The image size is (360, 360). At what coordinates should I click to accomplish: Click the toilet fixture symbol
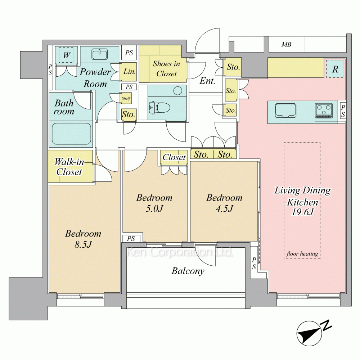click(x=159, y=107)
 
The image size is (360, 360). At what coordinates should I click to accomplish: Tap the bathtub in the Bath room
click(x=71, y=134)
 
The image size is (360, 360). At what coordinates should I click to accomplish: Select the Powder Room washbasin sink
click(x=99, y=54)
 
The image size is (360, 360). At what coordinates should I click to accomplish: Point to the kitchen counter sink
click(x=285, y=111)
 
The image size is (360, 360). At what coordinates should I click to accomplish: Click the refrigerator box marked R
click(x=335, y=69)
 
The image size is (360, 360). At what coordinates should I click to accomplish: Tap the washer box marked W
click(x=66, y=55)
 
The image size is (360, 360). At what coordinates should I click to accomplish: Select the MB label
click(x=286, y=44)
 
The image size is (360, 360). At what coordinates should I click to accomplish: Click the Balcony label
click(x=188, y=271)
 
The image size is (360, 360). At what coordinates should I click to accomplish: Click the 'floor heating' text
click(x=302, y=254)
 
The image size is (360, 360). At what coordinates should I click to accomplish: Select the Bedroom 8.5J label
click(x=83, y=239)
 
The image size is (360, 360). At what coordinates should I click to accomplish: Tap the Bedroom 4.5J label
click(x=224, y=203)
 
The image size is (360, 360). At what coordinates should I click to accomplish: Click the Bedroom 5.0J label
click(x=154, y=203)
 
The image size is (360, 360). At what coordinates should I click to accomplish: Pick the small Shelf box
click(x=126, y=99)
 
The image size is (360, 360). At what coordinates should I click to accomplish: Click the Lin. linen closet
click(x=129, y=72)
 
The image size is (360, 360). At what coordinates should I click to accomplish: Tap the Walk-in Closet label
click(x=69, y=167)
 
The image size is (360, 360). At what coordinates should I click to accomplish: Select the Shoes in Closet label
click(x=166, y=69)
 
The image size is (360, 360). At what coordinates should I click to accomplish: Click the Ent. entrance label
click(x=207, y=81)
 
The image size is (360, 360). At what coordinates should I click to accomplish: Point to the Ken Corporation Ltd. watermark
click(x=180, y=252)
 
